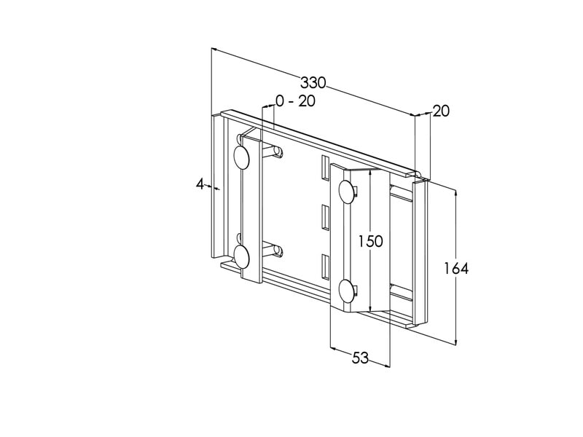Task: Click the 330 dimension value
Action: [313, 83]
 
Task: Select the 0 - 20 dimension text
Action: [295, 101]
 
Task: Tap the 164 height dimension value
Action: [456, 268]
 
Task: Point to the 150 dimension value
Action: [370, 241]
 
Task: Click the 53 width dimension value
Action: [360, 358]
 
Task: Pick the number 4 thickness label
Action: [200, 184]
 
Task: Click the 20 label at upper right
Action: [441, 111]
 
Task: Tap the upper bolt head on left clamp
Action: [241, 157]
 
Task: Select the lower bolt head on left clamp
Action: [241, 256]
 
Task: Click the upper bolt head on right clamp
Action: [345, 192]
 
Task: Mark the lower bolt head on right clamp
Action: [345, 290]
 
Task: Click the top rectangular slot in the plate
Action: [325, 168]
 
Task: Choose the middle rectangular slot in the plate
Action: [325, 217]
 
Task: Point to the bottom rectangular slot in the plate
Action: [325, 267]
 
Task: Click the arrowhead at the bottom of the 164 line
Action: [455, 342]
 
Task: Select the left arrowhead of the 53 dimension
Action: [334, 349]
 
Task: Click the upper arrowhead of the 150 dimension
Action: [369, 173]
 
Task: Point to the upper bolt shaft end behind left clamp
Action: [278, 152]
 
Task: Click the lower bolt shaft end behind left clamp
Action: [278, 251]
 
